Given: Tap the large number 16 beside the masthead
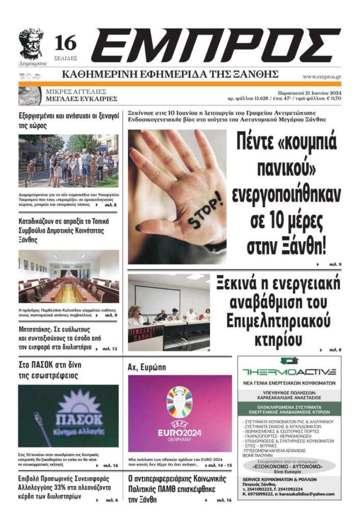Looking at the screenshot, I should coord(66,42).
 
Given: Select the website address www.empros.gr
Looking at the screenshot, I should coord(321,77).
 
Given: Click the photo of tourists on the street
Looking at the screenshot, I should coord(68,161).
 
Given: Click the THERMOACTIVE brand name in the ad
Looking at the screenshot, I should coord(289,371).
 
